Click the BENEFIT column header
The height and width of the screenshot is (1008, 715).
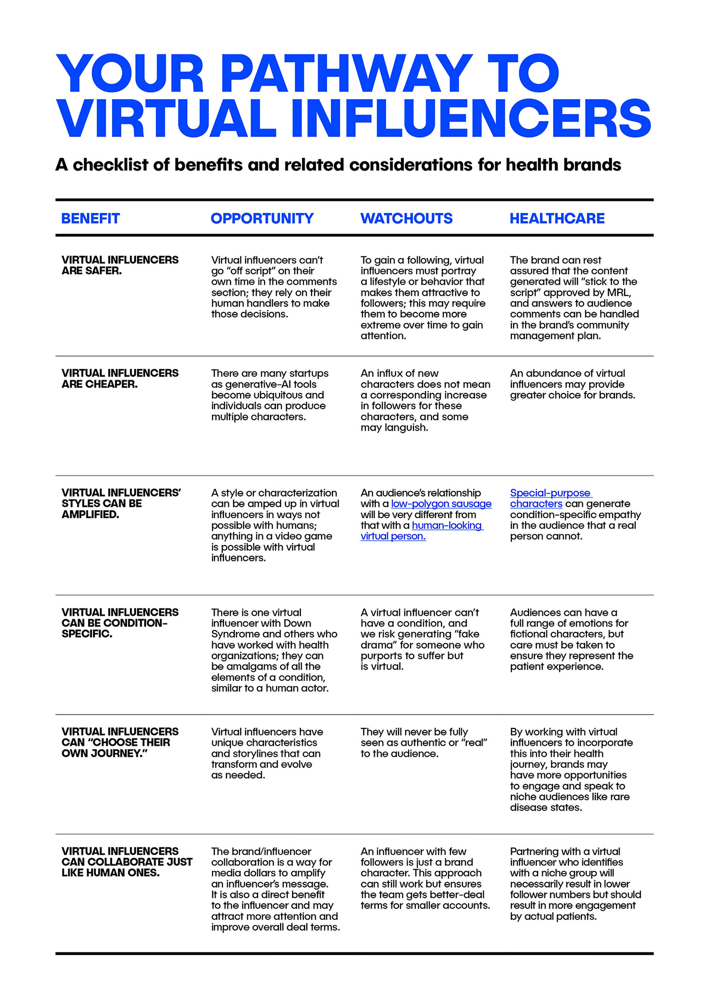(90, 218)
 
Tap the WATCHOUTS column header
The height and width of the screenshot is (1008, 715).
(406, 218)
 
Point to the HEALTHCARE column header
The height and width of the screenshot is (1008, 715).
(557, 218)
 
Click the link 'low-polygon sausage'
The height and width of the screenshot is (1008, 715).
(441, 504)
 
